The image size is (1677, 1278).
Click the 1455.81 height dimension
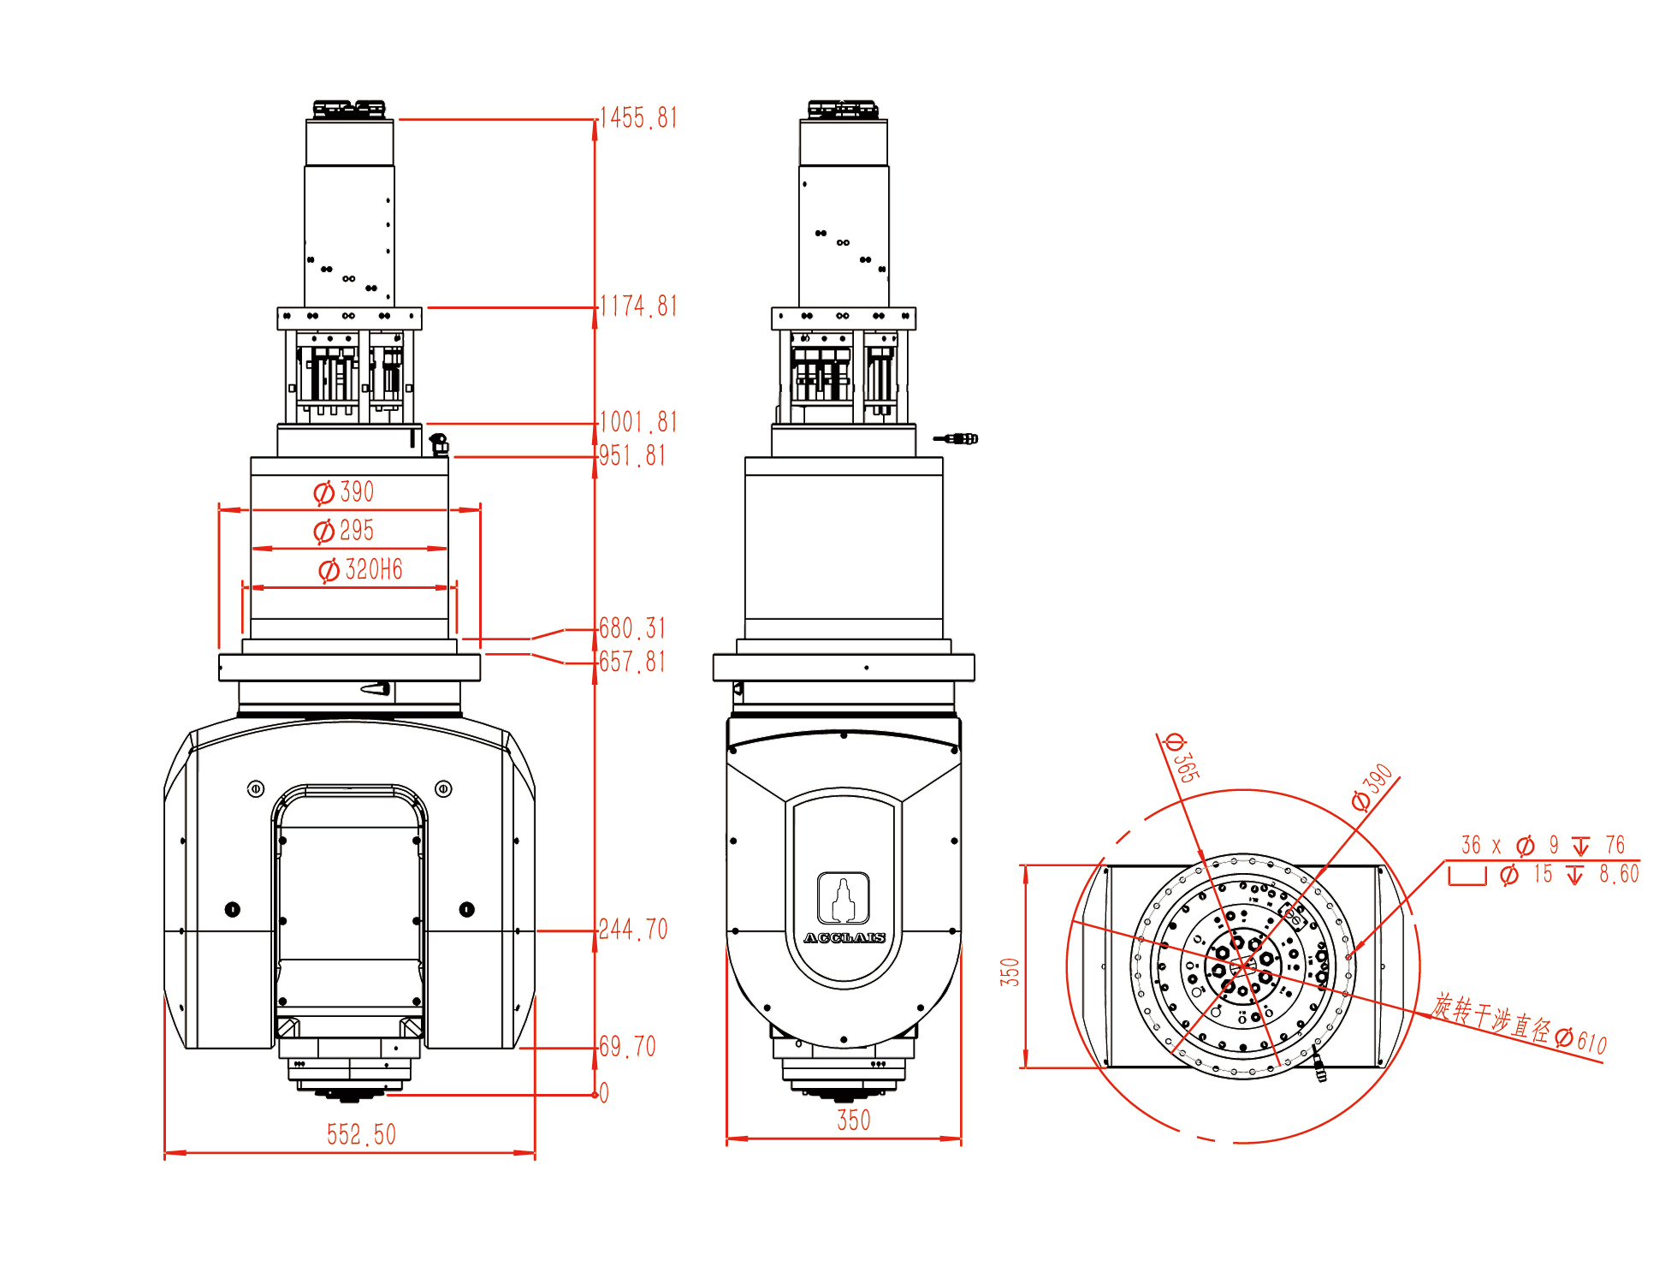coord(638,118)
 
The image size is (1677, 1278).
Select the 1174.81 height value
coord(638,306)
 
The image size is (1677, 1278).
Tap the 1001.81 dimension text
coord(638,422)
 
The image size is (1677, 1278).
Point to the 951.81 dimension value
coord(632,455)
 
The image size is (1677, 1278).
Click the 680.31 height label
coord(632,628)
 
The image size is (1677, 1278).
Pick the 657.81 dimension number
coord(632,662)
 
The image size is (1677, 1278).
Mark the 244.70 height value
coord(633,930)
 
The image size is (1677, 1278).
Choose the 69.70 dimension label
coord(627,1046)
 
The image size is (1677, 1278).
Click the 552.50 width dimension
coord(361,1135)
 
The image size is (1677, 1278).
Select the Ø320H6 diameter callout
coord(360,570)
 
